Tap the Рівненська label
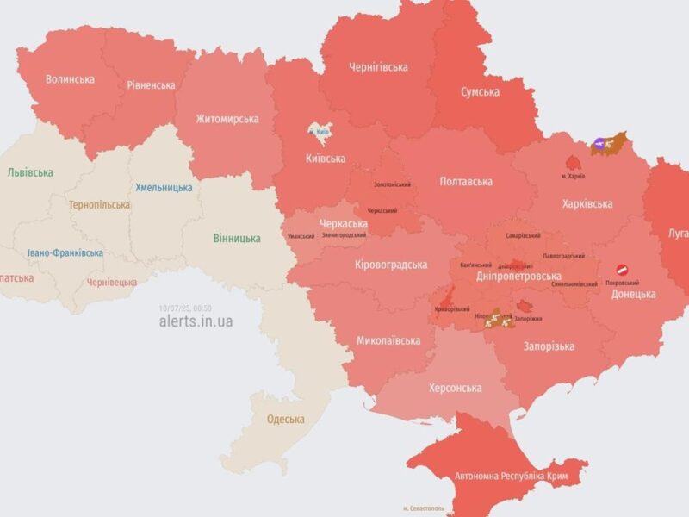click(x=151, y=84)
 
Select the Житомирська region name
click(x=227, y=119)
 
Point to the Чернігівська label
click(x=378, y=66)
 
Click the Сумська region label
click(x=481, y=90)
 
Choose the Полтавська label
click(x=465, y=181)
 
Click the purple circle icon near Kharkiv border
click(x=597, y=144)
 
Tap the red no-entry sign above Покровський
click(x=622, y=270)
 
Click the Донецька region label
click(x=633, y=294)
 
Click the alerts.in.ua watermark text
click(x=196, y=321)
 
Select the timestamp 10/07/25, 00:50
click(x=184, y=308)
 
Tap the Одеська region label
click(x=285, y=419)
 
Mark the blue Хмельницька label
click(x=164, y=187)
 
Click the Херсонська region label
click(x=455, y=388)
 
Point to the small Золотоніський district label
click(x=391, y=184)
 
